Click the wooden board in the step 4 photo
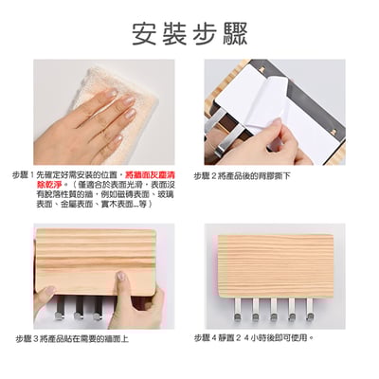275,260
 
